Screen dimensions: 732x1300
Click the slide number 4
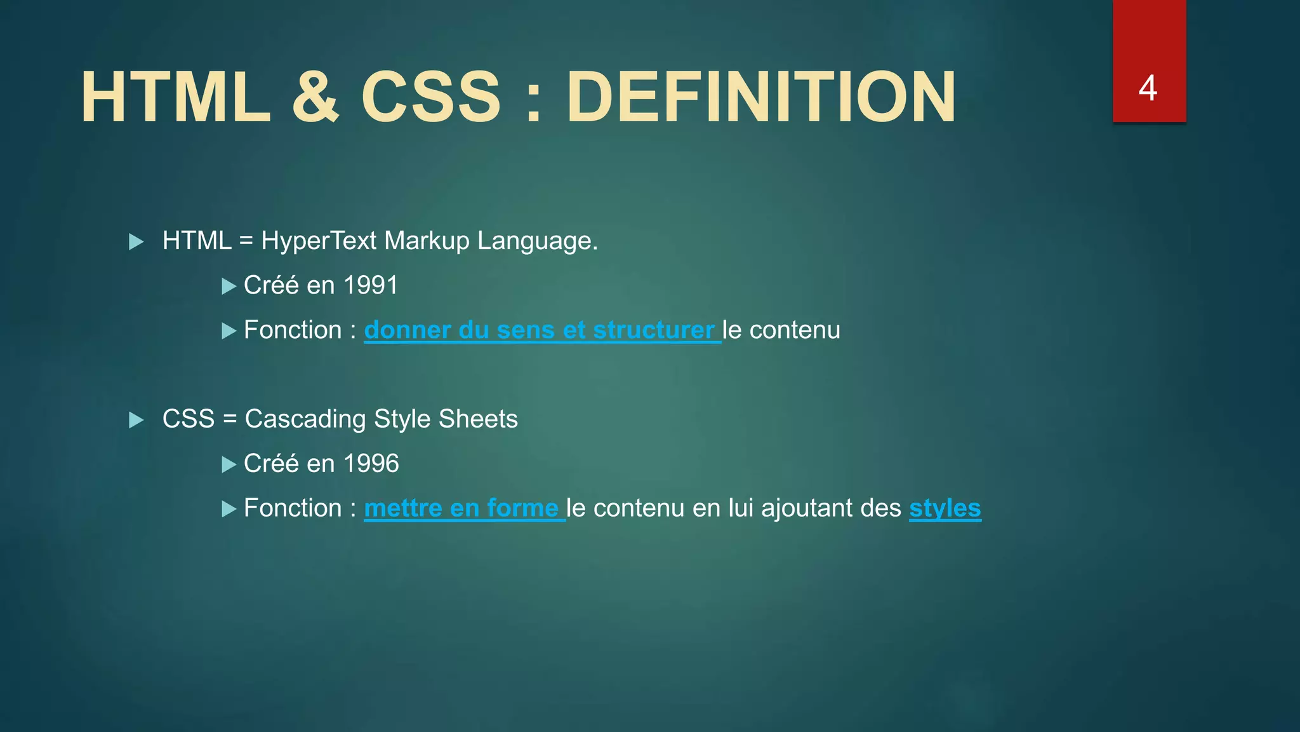tap(1148, 88)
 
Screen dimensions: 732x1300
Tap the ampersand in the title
tap(315, 97)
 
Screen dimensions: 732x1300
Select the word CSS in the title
tap(431, 97)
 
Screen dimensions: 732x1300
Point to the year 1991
tap(371, 285)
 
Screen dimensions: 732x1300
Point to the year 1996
tap(371, 464)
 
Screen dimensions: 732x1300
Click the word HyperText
tap(319, 241)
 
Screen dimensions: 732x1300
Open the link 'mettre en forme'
tap(461, 508)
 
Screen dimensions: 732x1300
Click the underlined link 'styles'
tap(945, 508)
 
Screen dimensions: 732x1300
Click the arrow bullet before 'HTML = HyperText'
tap(136, 241)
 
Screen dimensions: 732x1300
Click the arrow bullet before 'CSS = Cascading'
tap(136, 420)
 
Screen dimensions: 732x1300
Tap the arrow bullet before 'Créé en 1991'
tap(229, 287)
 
